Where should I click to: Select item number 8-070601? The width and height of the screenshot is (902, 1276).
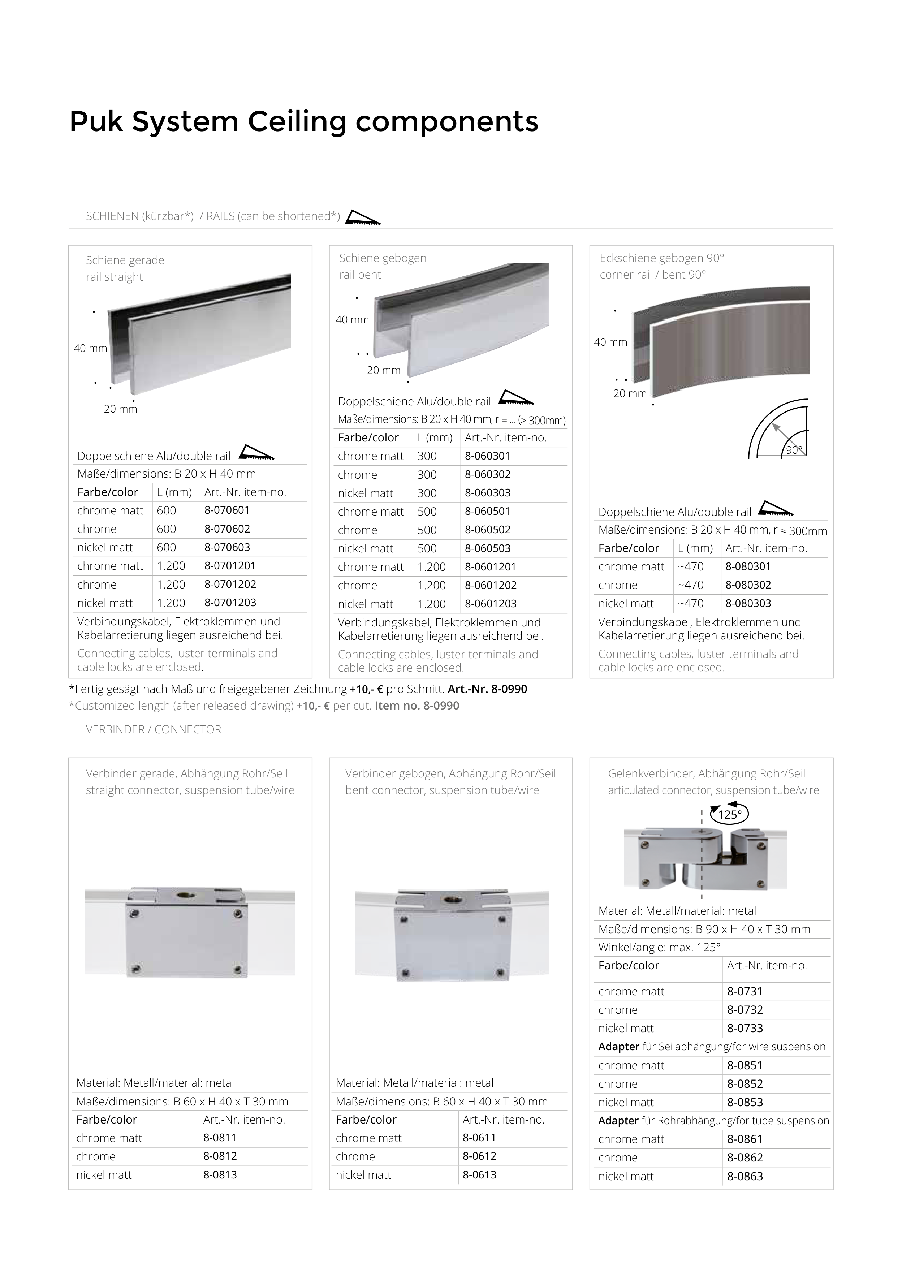click(227, 510)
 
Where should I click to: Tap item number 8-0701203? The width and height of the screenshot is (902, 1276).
click(230, 603)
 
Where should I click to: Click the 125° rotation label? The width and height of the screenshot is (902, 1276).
click(730, 815)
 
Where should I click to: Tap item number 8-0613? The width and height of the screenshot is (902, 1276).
click(479, 1174)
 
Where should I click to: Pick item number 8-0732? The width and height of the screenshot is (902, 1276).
click(745, 1010)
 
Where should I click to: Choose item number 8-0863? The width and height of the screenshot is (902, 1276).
click(745, 1176)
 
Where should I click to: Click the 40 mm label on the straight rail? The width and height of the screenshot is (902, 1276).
click(90, 349)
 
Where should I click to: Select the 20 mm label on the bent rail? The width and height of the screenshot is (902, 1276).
click(384, 370)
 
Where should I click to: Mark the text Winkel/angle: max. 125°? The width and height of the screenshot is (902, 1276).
click(659, 947)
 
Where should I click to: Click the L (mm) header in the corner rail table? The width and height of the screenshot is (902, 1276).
click(695, 548)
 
